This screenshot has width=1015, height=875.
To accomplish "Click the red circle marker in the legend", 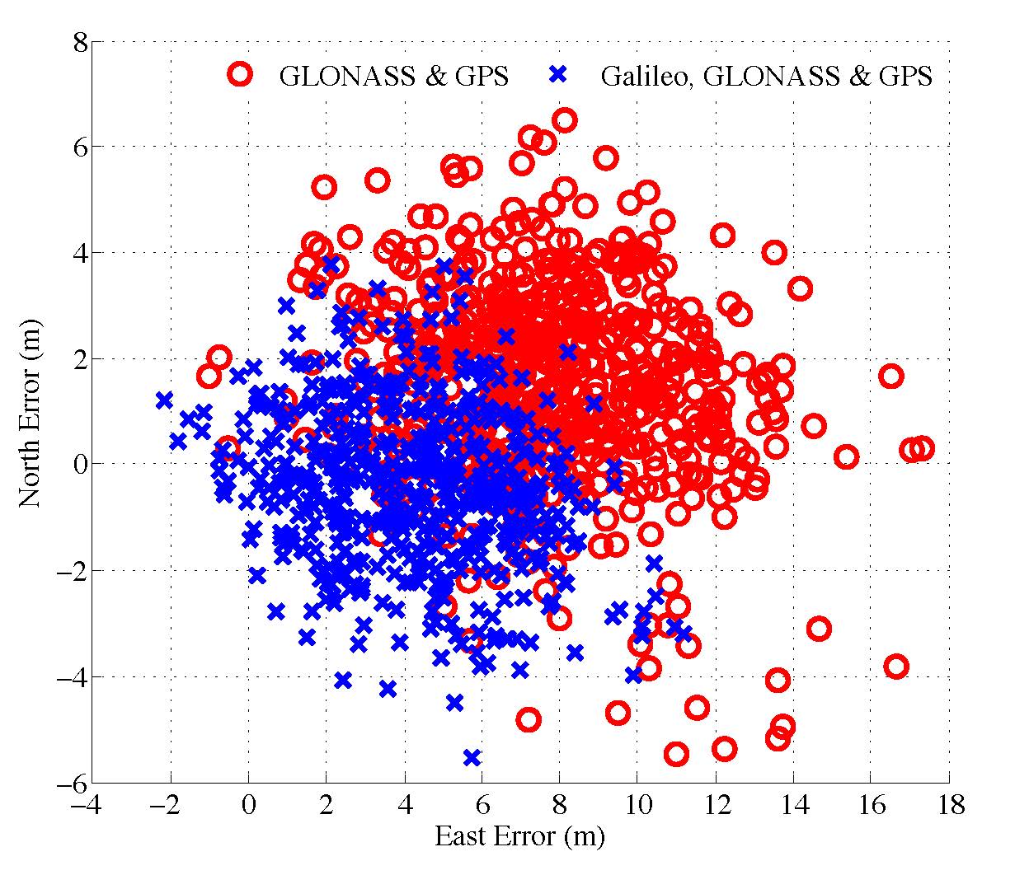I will coord(240,75).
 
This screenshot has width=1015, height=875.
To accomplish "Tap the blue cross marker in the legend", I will coord(558,75).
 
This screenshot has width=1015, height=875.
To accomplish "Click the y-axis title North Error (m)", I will coord(31,412).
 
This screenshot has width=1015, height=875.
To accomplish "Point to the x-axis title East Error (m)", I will coord(519,837).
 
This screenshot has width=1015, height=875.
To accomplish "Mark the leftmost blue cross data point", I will coord(164,400).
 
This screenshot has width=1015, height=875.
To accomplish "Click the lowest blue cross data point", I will coord(472,757).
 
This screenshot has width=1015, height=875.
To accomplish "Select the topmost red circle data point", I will coord(564,120).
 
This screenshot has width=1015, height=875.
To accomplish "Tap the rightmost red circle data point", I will coord(922,448).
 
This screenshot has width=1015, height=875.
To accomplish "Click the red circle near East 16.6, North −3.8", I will coord(896,666).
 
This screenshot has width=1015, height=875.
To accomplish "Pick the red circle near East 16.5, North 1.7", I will coord(890,376).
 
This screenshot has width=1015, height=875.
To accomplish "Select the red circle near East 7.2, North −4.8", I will coord(529,719).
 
